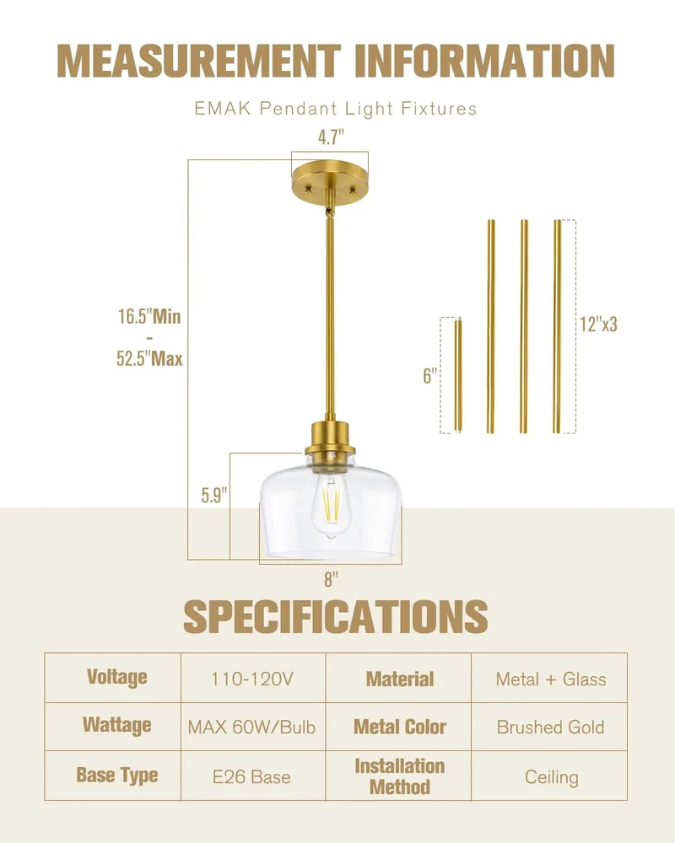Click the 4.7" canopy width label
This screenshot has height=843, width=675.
coord(331,137)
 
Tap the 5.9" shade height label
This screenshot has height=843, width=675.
coord(214,495)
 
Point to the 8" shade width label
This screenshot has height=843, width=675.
coord(331,580)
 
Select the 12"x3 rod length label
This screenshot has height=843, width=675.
coord(598,325)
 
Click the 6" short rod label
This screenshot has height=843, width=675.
coord(429,376)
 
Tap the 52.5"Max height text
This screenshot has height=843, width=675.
coord(149,358)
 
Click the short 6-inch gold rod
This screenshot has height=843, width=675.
coord(458,375)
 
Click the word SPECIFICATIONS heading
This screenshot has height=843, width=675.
coord(335,617)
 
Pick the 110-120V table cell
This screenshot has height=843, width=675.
coord(252,679)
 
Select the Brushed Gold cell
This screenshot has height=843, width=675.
coord(550,728)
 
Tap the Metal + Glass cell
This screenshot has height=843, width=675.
coord(551,679)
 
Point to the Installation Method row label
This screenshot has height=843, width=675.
coord(399,776)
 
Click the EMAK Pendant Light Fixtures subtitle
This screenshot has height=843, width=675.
coord(335,109)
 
